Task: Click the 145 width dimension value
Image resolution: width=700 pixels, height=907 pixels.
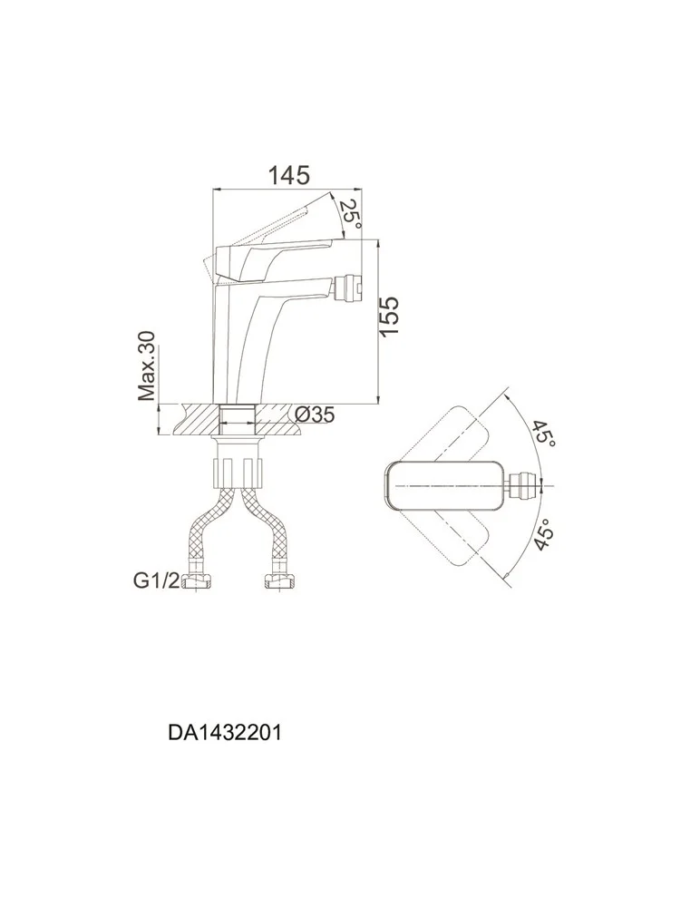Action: point(288,175)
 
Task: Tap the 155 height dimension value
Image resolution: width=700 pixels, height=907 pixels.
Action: point(390,316)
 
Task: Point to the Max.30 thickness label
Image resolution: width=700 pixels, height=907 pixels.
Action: point(147,366)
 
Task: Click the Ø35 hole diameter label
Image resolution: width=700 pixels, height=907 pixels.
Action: point(315,414)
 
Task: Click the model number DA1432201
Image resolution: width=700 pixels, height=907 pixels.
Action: point(225,733)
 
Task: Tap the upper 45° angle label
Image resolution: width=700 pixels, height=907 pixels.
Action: point(544,433)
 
